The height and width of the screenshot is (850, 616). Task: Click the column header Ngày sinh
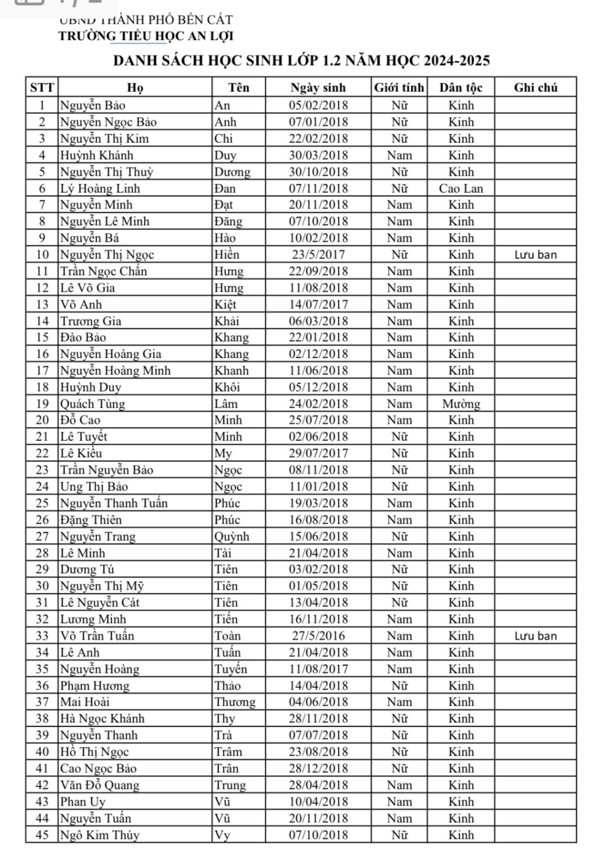tap(318, 87)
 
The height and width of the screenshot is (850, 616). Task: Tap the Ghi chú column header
tap(536, 87)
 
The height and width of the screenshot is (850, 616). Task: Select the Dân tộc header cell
tap(461, 87)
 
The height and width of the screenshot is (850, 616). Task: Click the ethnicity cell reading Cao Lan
tap(461, 188)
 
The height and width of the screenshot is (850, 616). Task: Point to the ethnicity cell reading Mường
tap(461, 403)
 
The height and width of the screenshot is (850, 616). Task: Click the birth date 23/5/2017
tap(318, 254)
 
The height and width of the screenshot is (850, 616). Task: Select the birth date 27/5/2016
tap(318, 636)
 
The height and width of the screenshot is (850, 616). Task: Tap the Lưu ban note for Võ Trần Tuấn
tap(536, 636)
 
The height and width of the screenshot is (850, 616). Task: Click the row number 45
tap(43, 835)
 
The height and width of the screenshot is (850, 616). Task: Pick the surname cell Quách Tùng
tap(93, 403)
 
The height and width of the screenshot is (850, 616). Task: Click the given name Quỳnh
tap(231, 536)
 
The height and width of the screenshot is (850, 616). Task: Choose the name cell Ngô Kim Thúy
tap(100, 835)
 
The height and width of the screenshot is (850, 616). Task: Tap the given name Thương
tap(235, 702)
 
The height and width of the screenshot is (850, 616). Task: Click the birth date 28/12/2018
tap(318, 768)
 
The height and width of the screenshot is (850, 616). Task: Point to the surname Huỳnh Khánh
tap(97, 155)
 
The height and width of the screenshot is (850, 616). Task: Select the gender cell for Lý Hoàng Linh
tap(399, 188)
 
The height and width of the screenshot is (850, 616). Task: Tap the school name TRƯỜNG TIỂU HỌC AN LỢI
tap(146, 36)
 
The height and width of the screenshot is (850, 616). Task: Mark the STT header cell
tap(43, 87)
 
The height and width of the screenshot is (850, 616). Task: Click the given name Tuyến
tap(231, 669)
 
